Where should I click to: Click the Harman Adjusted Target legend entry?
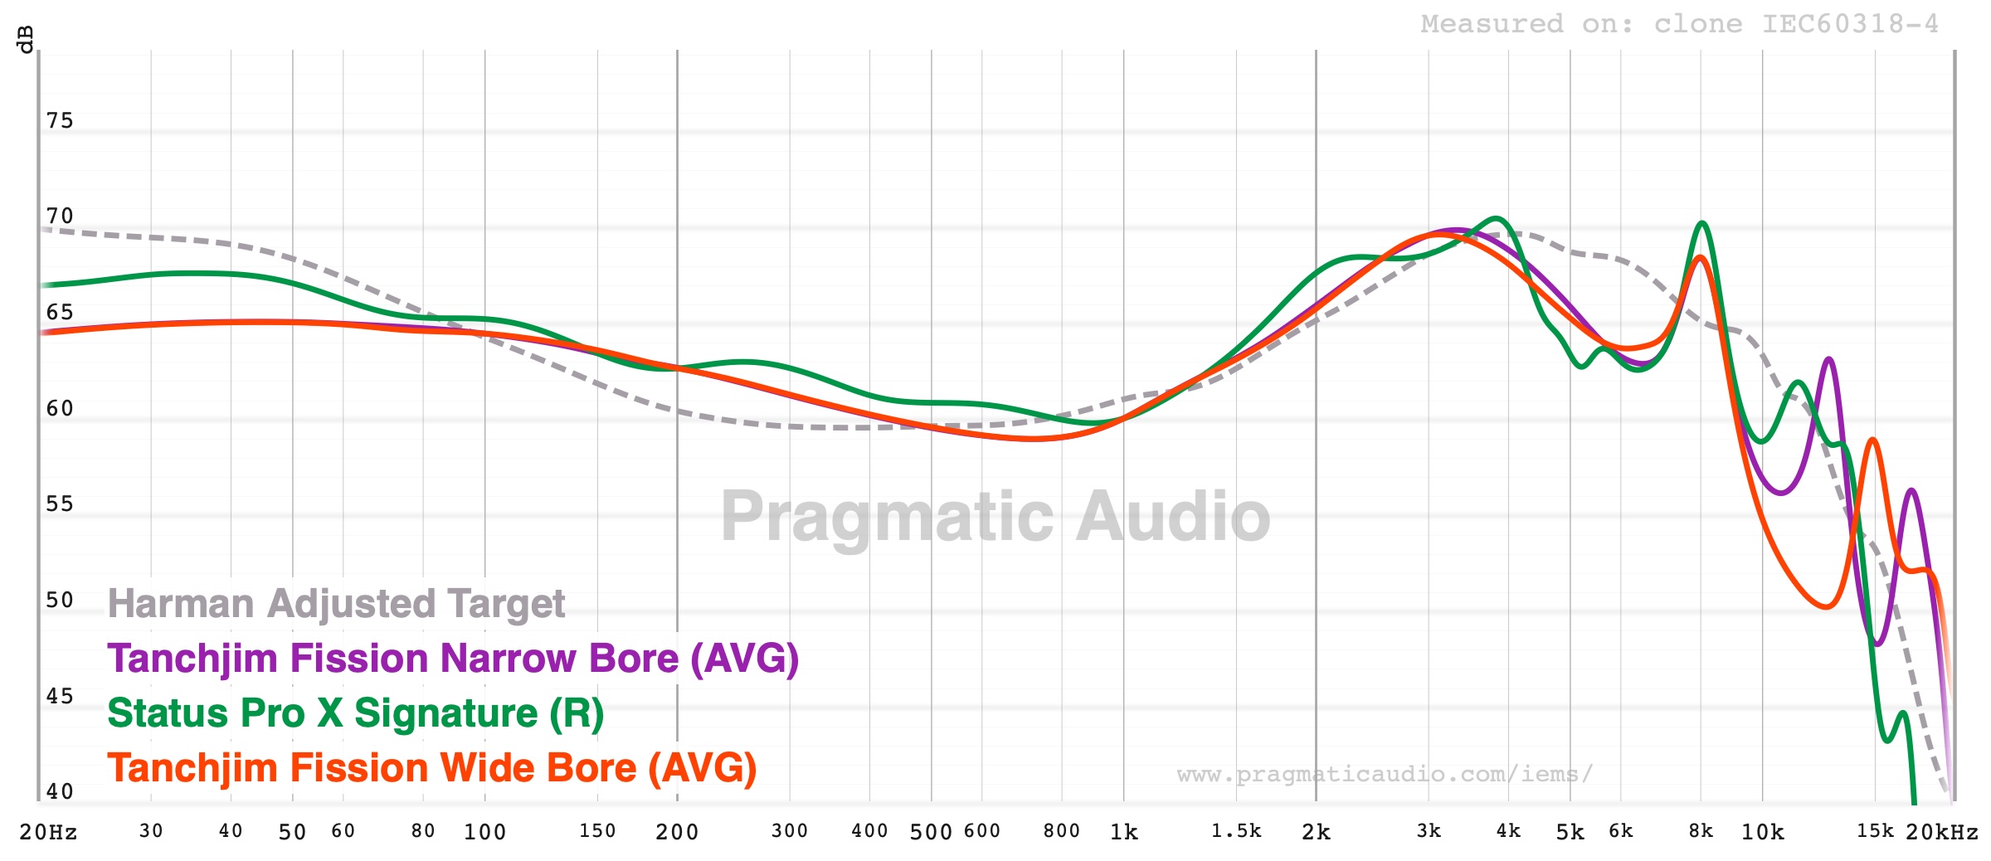(336, 604)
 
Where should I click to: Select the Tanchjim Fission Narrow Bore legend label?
(453, 659)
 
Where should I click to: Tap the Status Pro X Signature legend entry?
(355, 713)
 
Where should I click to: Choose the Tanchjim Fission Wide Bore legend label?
(431, 768)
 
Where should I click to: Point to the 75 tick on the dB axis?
(60, 121)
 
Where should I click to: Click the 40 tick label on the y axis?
(60, 792)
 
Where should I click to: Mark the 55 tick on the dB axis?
(60, 504)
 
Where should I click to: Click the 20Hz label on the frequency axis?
(48, 832)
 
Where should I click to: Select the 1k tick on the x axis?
(1124, 832)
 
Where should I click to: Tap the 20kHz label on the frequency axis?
(1941, 832)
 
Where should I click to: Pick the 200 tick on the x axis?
(677, 832)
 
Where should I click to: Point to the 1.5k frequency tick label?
(1236, 831)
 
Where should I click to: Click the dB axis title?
(25, 39)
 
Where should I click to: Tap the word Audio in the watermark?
(1173, 516)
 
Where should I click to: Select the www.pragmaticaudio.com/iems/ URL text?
(1385, 775)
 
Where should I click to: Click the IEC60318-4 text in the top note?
(1850, 24)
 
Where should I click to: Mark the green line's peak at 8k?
(1702, 222)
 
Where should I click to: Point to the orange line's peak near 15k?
(1872, 440)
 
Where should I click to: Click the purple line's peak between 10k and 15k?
(1828, 358)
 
